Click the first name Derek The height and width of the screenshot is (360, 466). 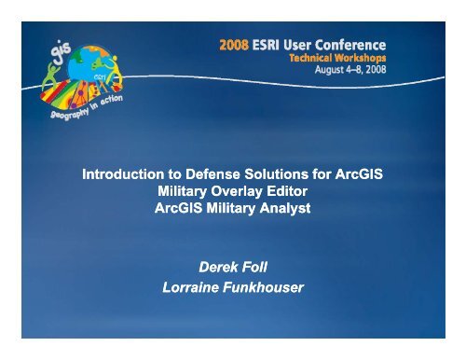point(213,269)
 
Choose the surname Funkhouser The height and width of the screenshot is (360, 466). point(267,287)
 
